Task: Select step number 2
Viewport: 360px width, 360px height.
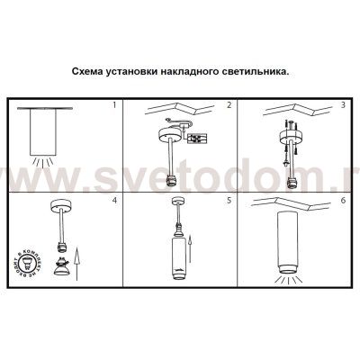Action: pos(229,106)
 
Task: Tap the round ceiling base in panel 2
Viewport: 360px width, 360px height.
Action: pos(166,139)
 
